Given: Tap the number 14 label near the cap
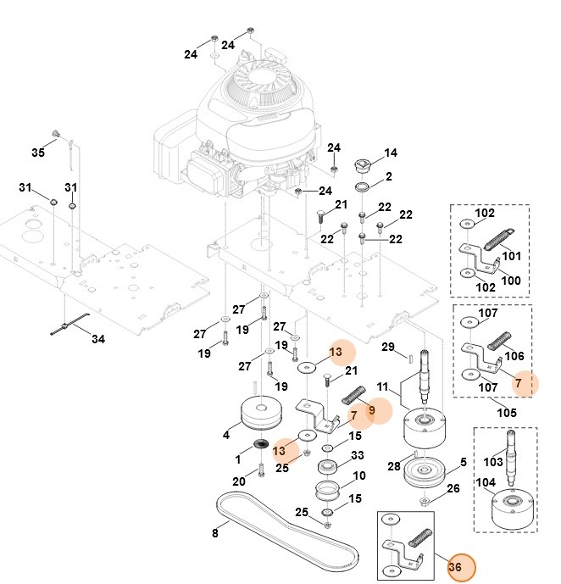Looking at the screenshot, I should (390, 153).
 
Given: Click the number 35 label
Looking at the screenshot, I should (38, 153).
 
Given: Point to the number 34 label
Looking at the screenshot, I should (98, 339).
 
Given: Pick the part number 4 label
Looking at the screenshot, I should (226, 436).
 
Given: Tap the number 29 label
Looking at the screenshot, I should (388, 348).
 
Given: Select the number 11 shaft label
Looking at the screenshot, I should (382, 386).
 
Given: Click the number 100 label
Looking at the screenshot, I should (512, 281).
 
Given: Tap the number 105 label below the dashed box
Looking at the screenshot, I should (505, 413).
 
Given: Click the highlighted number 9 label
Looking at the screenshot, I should (371, 410).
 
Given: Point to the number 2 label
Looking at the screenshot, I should (388, 177).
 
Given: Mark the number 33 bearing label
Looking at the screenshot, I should (357, 456).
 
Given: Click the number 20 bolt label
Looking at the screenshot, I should (239, 482).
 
